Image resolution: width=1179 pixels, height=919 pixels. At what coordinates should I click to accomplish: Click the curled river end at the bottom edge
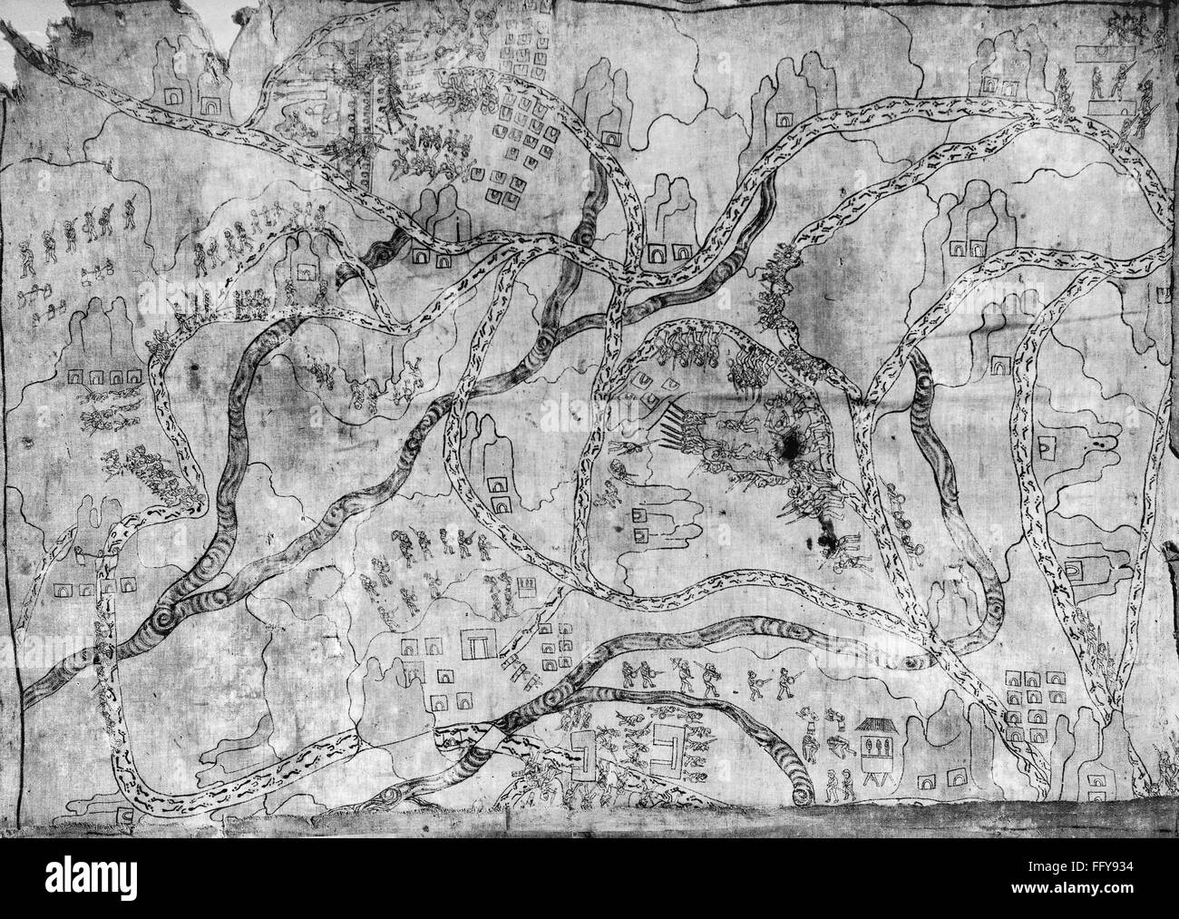804,789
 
